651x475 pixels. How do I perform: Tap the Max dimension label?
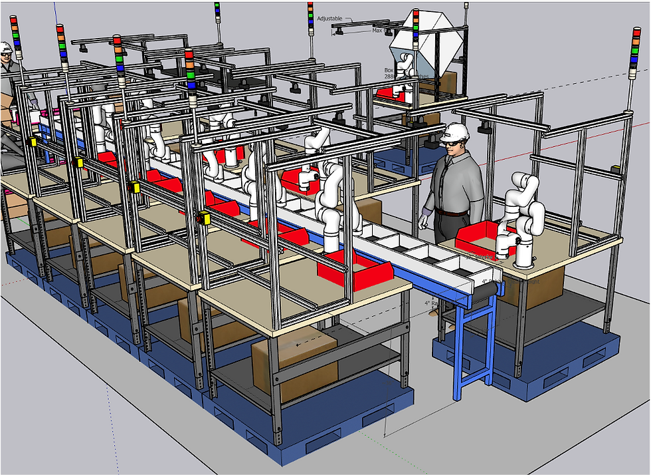tap(377, 31)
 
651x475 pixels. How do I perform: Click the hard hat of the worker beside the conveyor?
tap(456, 132)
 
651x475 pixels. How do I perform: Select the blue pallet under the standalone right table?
tap(531, 363)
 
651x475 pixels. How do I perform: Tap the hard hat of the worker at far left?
tap(5, 47)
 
